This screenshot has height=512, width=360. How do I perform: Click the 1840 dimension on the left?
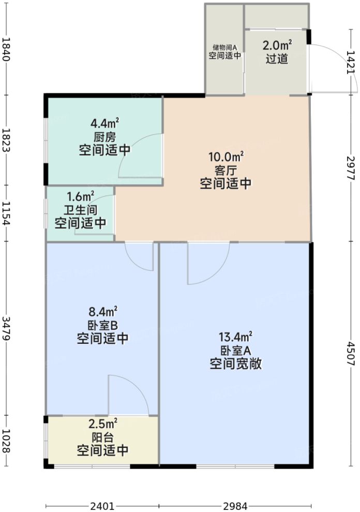[x=7, y=50]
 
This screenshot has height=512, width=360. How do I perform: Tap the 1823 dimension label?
[x=7, y=140]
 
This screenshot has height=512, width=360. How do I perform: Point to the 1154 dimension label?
[x=7, y=214]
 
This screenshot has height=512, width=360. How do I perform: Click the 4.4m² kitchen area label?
[x=104, y=124]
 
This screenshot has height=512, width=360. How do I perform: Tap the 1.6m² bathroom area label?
[x=81, y=197]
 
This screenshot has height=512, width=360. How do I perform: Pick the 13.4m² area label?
[x=236, y=337]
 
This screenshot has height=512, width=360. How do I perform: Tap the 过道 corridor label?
[x=277, y=59]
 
